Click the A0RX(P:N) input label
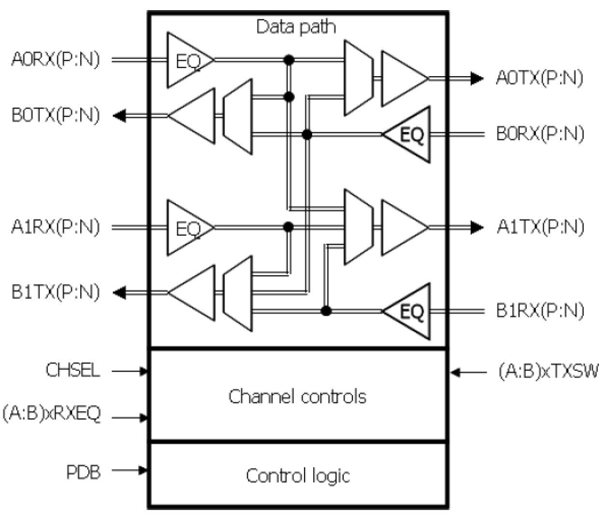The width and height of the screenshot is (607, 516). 55,60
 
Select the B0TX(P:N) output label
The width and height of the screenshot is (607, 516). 55,116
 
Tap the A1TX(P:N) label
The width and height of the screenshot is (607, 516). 540,227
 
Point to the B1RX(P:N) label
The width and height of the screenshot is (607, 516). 540,310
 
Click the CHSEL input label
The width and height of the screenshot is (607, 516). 73,370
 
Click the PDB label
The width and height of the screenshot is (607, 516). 83,471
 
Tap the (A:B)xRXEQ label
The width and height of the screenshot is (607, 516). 52,414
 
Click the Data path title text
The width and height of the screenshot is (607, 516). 296,27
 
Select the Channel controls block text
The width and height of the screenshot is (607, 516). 297,396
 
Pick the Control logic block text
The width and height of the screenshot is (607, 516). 298,475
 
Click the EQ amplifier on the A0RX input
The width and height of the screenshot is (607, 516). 186,60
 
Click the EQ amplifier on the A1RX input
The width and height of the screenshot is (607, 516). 186,227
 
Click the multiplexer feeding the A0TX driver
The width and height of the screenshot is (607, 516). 358,78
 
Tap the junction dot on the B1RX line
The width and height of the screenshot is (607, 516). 326,310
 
